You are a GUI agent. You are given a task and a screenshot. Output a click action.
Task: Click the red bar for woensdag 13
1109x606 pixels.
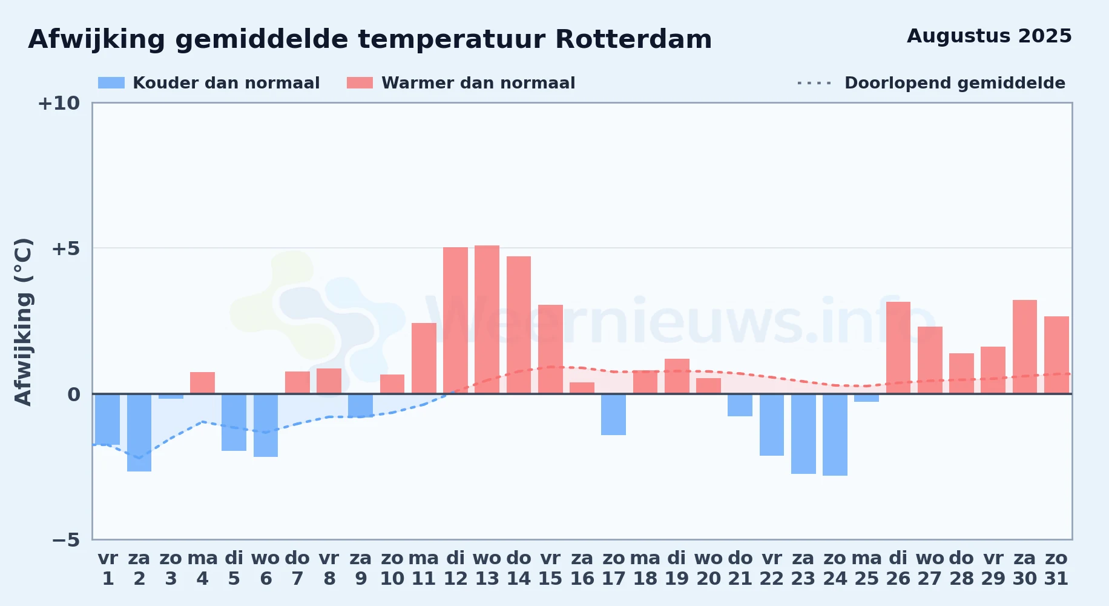point(487,319)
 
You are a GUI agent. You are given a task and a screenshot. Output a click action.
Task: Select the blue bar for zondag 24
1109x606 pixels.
point(835,435)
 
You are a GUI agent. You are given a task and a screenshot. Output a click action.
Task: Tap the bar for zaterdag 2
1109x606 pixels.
point(139,433)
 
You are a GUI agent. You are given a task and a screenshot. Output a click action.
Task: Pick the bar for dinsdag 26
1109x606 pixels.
point(898,348)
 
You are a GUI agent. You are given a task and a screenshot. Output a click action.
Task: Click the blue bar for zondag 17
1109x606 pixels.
point(613,415)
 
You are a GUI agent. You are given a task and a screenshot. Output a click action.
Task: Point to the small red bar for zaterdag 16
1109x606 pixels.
point(582,388)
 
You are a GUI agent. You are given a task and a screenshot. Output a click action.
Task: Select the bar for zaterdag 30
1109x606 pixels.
point(1025,347)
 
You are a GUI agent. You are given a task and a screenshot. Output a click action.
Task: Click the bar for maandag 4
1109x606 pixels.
point(202,383)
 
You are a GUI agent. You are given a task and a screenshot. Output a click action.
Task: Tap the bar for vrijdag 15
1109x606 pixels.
point(550,349)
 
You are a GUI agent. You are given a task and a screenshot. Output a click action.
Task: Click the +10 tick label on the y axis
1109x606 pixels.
point(59,104)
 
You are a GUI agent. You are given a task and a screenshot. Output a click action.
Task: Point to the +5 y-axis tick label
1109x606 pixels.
point(66,248)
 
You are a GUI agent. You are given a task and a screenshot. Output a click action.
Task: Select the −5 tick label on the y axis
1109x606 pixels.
point(66,540)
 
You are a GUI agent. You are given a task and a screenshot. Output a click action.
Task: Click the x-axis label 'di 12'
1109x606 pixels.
point(455,568)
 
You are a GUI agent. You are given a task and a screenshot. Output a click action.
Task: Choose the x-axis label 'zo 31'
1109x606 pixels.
point(1056,568)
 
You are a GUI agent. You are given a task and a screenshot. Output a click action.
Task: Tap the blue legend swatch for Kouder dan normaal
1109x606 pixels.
point(111,83)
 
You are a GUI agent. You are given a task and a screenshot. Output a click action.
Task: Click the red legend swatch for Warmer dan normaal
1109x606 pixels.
point(360,83)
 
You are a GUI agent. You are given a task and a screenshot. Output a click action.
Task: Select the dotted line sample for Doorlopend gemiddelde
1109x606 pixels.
point(815,83)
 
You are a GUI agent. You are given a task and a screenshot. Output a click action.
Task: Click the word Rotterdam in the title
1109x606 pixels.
point(633,40)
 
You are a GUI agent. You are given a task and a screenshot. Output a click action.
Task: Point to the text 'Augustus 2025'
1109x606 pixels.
point(989,36)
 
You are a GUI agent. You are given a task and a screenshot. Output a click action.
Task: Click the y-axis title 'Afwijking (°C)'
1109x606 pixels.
point(23,322)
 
